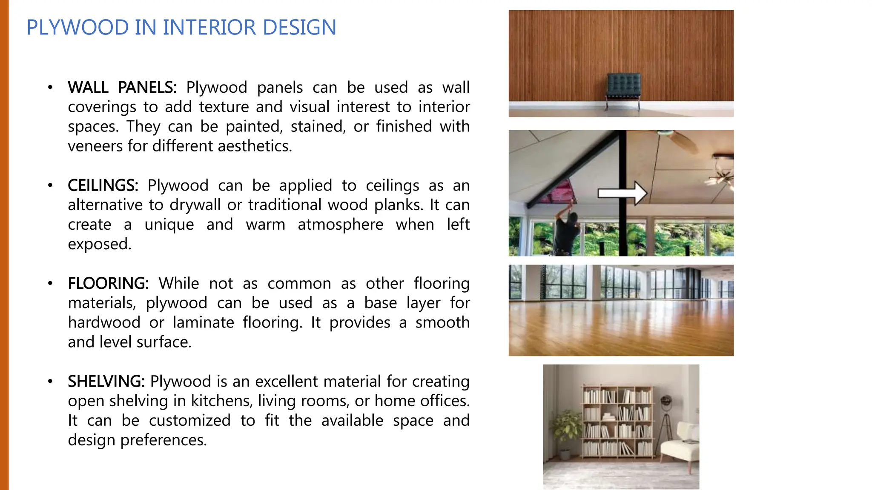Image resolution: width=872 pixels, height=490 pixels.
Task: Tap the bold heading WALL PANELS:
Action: (122, 88)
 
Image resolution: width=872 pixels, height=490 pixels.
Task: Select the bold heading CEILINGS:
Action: (103, 186)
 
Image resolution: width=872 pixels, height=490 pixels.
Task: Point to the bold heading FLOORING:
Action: (108, 284)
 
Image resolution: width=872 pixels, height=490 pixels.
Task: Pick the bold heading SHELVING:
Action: (106, 382)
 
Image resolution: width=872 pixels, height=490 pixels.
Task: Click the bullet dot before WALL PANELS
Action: (50, 88)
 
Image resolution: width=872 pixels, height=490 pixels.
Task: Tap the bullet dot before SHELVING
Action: (50, 382)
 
